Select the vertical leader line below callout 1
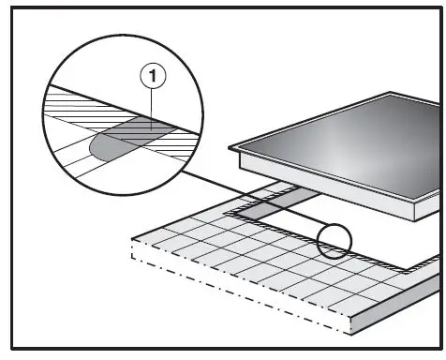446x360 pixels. pyautogui.click(x=151, y=103)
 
